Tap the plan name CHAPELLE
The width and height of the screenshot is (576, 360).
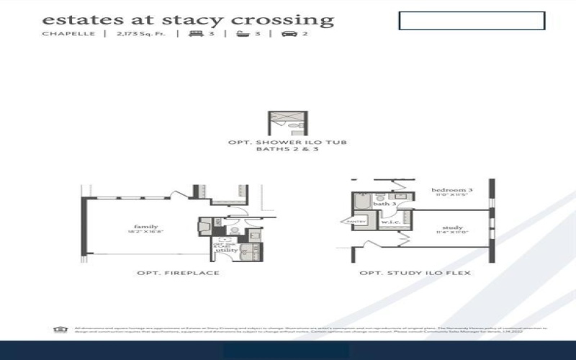click(69, 34)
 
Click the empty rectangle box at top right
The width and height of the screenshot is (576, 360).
click(472, 21)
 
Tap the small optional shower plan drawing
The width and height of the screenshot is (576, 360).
click(287, 123)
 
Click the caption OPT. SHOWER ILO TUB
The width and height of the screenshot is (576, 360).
click(287, 143)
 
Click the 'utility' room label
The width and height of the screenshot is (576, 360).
click(227, 250)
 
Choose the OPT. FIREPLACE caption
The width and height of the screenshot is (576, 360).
click(178, 274)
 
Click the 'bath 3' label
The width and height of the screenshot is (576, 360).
click(384, 204)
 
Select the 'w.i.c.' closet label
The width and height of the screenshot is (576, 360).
click(391, 222)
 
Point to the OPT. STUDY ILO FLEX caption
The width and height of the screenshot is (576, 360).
click(415, 274)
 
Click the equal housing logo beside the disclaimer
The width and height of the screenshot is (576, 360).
click(59, 330)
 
